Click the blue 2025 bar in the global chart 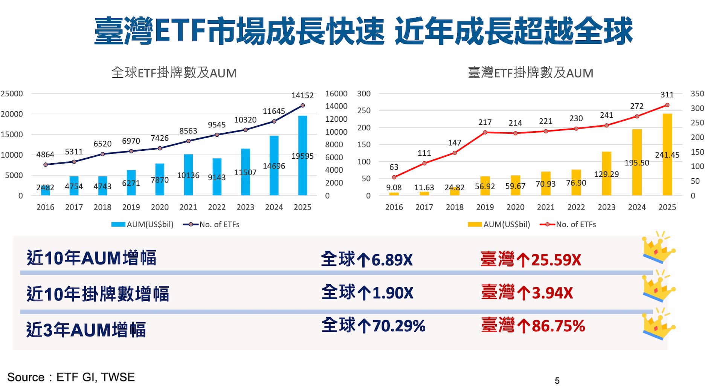(x=302, y=155)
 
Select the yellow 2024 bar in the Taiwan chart (x=637, y=162)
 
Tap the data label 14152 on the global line (x=302, y=96)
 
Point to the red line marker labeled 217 (x=485, y=132)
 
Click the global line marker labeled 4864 (x=46, y=165)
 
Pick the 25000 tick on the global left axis (x=12, y=93)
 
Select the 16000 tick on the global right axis (x=336, y=93)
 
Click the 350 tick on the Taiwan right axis (x=697, y=93)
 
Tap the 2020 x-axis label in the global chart (x=160, y=207)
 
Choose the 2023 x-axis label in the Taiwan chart (x=606, y=207)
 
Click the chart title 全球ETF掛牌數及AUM (x=174, y=73)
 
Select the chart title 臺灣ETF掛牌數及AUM (x=530, y=73)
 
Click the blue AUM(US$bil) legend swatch (x=118, y=225)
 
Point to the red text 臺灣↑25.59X (x=531, y=260)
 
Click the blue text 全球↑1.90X (x=367, y=293)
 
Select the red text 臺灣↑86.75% (x=533, y=326)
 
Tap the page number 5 (x=557, y=381)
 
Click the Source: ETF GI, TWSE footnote (x=71, y=377)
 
